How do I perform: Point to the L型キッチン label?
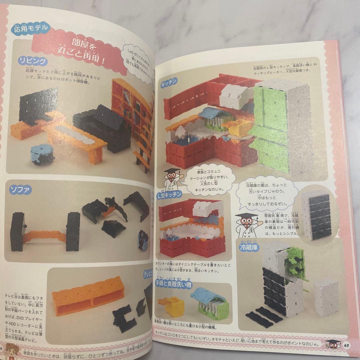tap(169, 194)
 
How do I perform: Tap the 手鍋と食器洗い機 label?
tap(173, 285)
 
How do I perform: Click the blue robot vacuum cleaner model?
tap(42, 154)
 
